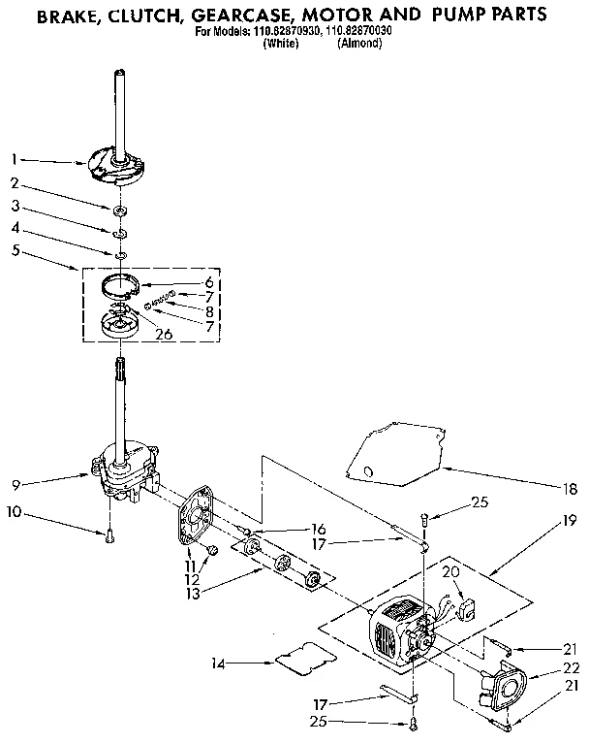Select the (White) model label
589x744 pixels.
pyautogui.click(x=280, y=43)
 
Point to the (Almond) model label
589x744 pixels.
pyautogui.click(x=360, y=43)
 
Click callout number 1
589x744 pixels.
pyautogui.click(x=14, y=158)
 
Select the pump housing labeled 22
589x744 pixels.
pyautogui.click(x=505, y=692)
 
